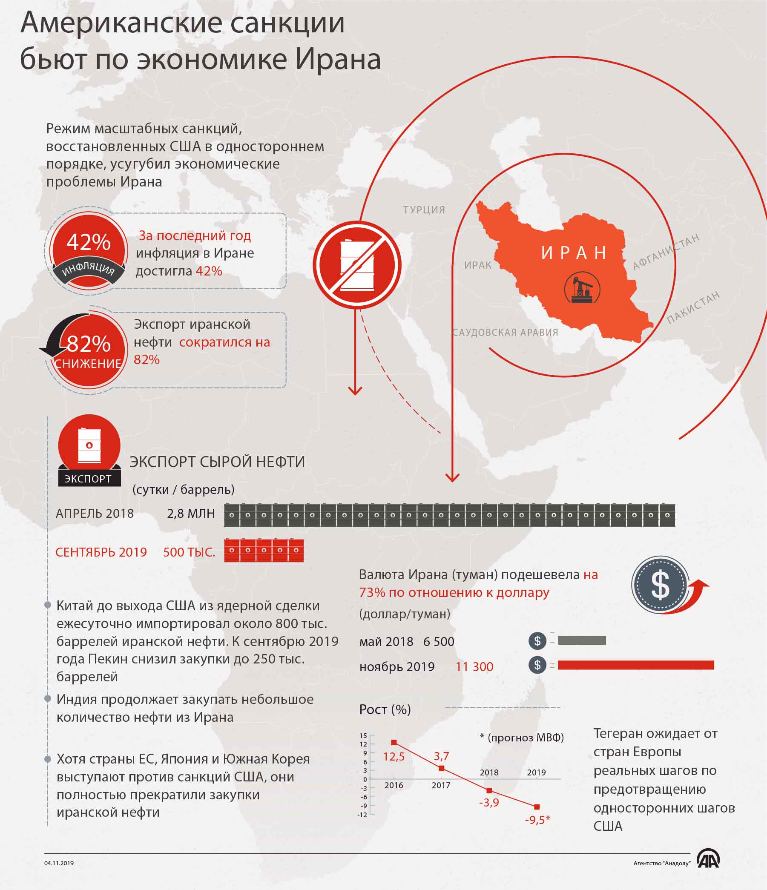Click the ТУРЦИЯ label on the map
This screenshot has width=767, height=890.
(424, 210)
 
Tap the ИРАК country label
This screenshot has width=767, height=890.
(478, 265)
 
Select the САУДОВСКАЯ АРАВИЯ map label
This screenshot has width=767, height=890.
(506, 332)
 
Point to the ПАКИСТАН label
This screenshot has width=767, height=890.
(693, 307)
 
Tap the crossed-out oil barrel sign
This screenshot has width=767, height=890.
(357, 264)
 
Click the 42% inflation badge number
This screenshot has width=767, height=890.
(89, 242)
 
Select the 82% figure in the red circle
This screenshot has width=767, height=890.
(89, 343)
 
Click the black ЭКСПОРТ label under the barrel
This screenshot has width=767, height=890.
(88, 479)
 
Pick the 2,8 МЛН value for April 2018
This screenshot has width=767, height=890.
(191, 513)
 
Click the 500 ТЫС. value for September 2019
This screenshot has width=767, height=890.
(189, 552)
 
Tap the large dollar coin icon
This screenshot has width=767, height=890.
(660, 585)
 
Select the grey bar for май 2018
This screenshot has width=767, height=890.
(582, 640)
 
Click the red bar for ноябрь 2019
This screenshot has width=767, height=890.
(635, 665)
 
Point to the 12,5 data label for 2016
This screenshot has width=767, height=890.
(394, 756)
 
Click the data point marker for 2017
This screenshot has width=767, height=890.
(442, 768)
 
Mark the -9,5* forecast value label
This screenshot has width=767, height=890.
(537, 820)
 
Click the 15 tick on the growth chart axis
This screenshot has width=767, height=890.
(364, 735)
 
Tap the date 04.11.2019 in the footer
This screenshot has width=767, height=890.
(59, 863)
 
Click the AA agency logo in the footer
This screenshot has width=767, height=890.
(708, 860)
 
